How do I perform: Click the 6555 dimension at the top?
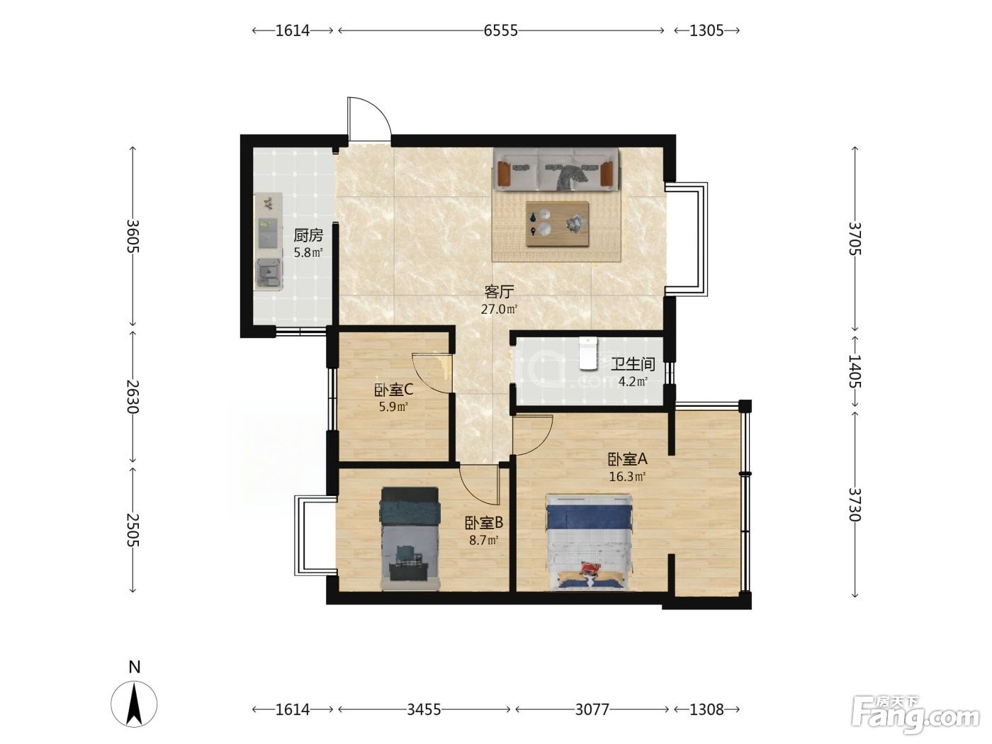pyautogui.click(x=501, y=30)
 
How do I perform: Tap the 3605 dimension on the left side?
pyautogui.click(x=133, y=236)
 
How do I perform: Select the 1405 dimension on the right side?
pyautogui.click(x=855, y=371)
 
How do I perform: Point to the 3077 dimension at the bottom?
pyautogui.click(x=592, y=710)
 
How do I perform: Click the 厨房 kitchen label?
pyautogui.click(x=308, y=235)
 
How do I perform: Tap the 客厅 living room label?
pyautogui.click(x=500, y=292)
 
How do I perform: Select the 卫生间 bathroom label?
pyautogui.click(x=633, y=364)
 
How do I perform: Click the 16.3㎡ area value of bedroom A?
pyautogui.click(x=627, y=476)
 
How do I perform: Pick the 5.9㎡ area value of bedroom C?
pyautogui.click(x=393, y=407)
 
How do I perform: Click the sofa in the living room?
pyautogui.click(x=556, y=169)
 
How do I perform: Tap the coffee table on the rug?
pyautogui.click(x=557, y=224)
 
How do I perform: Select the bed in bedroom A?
pyautogui.click(x=589, y=541)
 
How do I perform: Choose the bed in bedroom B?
pyautogui.click(x=410, y=539)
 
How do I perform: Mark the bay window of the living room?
pyautogui.click(x=686, y=239)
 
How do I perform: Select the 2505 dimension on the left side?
pyautogui.click(x=133, y=530)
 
